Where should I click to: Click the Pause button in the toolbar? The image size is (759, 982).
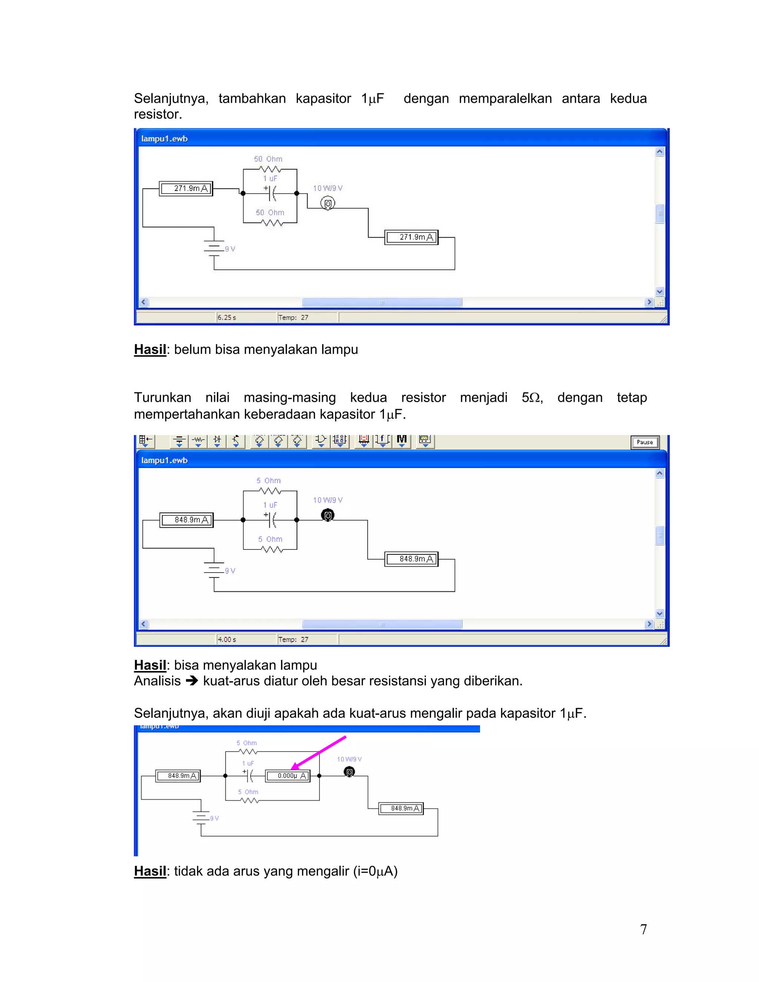coord(644,442)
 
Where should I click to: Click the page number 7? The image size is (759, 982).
coord(643,929)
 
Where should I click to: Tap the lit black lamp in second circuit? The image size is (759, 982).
coord(328,515)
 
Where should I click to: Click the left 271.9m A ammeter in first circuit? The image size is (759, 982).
coord(186,188)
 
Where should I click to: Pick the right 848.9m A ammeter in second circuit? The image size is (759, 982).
coord(411,559)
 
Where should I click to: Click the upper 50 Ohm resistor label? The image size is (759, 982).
coord(268,159)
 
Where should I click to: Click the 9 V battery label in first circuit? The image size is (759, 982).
coord(230,249)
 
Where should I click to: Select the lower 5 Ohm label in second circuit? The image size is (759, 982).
coord(270,539)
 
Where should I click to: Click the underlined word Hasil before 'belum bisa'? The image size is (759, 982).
coord(150,349)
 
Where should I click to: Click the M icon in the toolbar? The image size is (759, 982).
coord(401,439)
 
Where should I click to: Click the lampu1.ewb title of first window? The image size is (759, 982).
coord(164,139)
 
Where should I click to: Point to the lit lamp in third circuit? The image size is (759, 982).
coord(349,772)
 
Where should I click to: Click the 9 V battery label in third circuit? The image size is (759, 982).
coord(214,818)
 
